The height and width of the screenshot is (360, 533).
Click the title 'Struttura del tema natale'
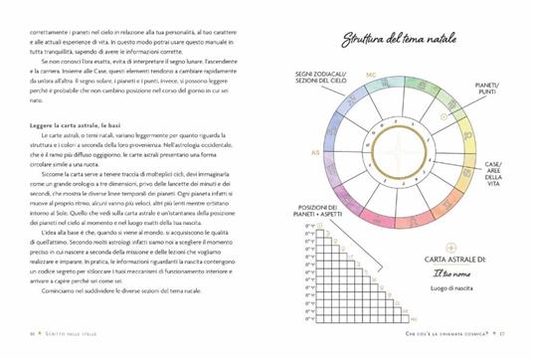click(400, 41)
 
